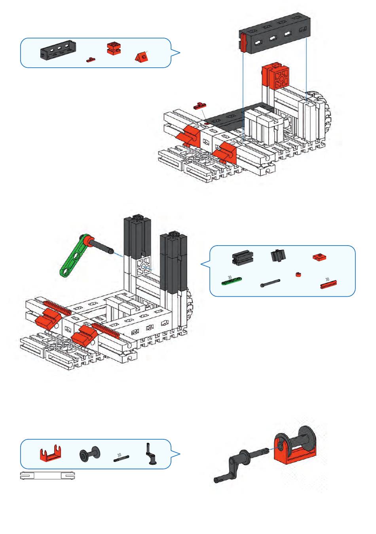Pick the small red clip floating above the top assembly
[x=200, y=105]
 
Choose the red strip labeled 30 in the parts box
[x=329, y=283]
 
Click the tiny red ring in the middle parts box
[x=298, y=274]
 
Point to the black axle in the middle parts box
[x=270, y=283]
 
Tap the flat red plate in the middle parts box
[x=319, y=257]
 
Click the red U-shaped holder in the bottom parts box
[x=50, y=454]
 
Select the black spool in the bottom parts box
[x=89, y=455]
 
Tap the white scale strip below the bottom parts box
[x=47, y=476]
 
